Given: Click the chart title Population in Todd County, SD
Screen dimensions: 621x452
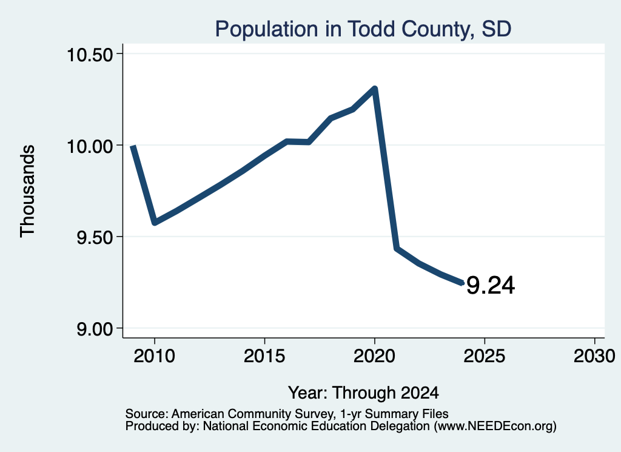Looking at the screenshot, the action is [363, 29].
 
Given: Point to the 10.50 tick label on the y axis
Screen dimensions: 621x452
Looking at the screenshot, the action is [90, 55].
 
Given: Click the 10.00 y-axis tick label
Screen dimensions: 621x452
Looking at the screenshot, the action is [90, 146].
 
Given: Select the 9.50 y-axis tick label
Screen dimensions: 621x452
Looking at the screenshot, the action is [95, 238].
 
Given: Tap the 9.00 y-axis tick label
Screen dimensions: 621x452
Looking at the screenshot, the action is [95, 329].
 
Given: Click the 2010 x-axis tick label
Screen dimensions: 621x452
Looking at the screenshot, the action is [155, 356].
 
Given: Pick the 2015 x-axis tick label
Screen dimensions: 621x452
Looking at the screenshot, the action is [264, 356].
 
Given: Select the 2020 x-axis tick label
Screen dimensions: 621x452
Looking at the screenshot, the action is [374, 356].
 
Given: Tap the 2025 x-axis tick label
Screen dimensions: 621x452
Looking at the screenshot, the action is [485, 356].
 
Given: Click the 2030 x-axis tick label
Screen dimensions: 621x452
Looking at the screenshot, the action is [594, 356].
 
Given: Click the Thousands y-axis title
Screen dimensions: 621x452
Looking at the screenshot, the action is [28, 191].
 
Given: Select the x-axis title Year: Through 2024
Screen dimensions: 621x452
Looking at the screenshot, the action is [363, 393].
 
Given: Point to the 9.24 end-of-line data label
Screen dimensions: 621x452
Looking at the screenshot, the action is [491, 285].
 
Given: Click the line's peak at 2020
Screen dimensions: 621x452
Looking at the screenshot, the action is [374, 89].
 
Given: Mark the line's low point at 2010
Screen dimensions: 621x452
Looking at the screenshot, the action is [155, 223].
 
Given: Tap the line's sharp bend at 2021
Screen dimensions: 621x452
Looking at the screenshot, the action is [397, 248].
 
